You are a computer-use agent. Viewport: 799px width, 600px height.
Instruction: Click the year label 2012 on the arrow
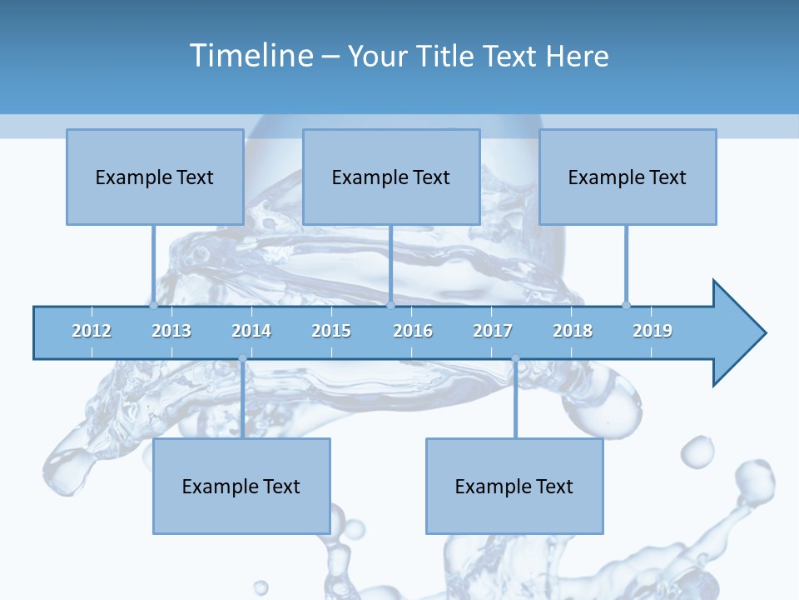coord(92,331)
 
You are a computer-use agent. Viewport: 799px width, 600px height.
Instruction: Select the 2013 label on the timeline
coord(171,331)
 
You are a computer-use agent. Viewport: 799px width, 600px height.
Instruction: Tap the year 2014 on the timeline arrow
coord(251,331)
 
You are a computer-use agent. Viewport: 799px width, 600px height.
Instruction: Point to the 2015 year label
coord(331,331)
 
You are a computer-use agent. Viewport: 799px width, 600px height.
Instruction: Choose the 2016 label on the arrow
coord(413,331)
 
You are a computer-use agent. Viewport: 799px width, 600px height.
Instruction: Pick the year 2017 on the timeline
coord(493,331)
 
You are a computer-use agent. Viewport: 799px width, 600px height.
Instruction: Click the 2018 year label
coord(573,331)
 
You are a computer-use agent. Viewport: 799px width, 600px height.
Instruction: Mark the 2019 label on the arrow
coord(653,331)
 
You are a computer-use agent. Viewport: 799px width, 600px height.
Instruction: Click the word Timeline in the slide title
coord(251,56)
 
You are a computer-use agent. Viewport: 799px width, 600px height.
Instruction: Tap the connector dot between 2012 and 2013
coord(153,305)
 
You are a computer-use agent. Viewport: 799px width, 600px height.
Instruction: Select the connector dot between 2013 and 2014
coord(242,358)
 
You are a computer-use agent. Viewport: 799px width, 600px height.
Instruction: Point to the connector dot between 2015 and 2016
coord(390,305)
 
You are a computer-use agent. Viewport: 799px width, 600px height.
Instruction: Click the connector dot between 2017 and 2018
coord(515,358)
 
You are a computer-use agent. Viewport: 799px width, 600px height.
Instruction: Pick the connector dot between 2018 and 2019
coord(626,305)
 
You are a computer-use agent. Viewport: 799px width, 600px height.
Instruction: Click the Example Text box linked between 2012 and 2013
coord(155,177)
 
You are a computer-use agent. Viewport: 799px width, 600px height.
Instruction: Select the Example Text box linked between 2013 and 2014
coord(241,486)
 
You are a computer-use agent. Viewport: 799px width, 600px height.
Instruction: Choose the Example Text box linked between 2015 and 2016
coord(391,177)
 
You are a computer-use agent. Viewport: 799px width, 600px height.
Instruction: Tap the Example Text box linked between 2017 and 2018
coord(514,486)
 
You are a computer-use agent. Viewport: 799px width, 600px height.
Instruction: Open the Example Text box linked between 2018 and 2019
coord(628,177)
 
